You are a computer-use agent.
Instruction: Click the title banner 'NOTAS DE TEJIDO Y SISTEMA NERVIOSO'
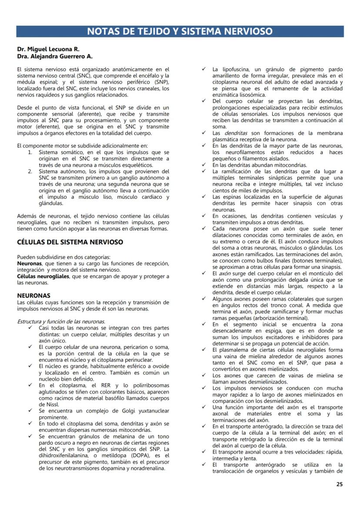pos(180,31)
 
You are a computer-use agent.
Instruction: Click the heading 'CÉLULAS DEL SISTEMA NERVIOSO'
pos(70,242)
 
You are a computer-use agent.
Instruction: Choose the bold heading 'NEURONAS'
pos(33,295)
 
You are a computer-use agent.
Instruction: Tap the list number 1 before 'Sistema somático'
pos(30,153)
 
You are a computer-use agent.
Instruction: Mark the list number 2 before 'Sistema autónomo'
pos(30,172)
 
